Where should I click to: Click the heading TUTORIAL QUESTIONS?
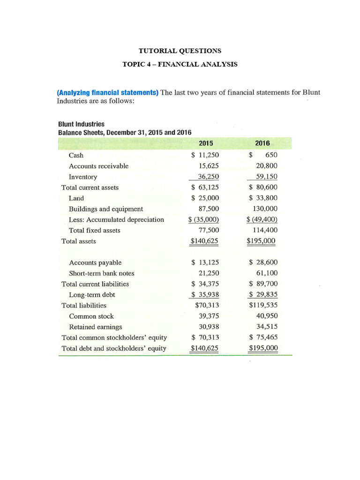pos(180,51)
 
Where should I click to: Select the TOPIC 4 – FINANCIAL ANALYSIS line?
pos(180,64)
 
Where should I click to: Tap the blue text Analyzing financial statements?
pos(108,92)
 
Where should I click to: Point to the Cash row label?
pos(76,155)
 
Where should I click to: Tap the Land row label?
pos(76,198)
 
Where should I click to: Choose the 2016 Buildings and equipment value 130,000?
pos(265,209)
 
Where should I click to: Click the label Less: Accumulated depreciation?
pos(116,220)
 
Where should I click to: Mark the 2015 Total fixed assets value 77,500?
pos(209,230)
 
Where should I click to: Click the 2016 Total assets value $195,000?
pos(262,241)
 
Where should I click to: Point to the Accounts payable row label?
pos(95,262)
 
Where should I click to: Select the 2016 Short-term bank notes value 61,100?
pos(266,273)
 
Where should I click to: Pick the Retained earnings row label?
pos(96,327)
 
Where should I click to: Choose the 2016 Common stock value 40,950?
pos(266,316)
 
